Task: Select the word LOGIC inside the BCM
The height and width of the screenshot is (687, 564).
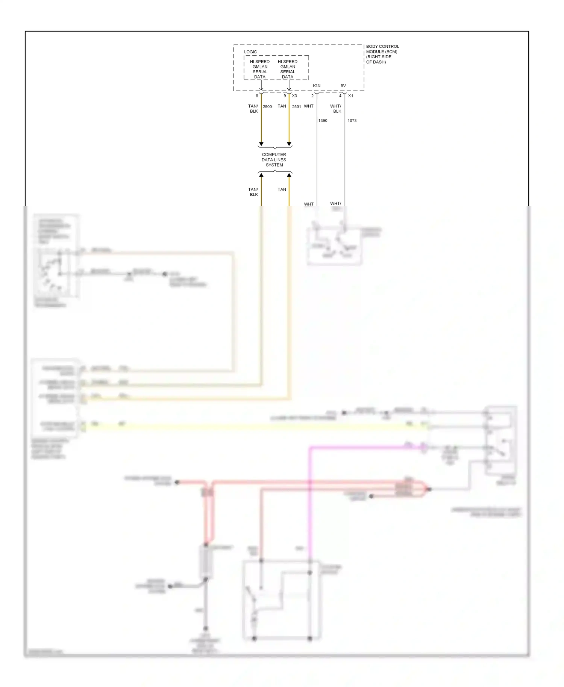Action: click(250, 52)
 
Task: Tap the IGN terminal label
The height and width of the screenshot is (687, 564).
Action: click(317, 86)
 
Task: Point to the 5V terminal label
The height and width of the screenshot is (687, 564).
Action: click(343, 86)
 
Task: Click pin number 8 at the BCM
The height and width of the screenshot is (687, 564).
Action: click(257, 96)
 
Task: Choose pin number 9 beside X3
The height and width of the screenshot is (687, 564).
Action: click(285, 96)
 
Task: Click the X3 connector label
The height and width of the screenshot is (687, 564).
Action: click(294, 96)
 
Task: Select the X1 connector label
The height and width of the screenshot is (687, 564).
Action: click(350, 96)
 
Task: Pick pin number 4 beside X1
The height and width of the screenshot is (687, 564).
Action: click(340, 96)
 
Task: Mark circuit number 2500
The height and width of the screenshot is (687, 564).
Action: click(267, 107)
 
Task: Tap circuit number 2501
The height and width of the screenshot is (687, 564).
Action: click(297, 107)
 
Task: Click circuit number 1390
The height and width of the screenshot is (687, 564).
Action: click(323, 121)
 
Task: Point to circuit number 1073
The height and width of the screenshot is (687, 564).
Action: click(352, 121)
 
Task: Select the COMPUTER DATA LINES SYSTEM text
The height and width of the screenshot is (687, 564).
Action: click(274, 160)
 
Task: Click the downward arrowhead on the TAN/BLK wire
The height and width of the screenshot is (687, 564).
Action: click(261, 144)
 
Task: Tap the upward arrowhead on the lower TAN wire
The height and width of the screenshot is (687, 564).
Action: click(289, 175)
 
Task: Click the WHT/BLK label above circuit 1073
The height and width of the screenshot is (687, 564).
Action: click(336, 109)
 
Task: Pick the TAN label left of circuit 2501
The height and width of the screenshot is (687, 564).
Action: click(282, 106)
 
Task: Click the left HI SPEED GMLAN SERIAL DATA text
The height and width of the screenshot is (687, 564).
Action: click(260, 69)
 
